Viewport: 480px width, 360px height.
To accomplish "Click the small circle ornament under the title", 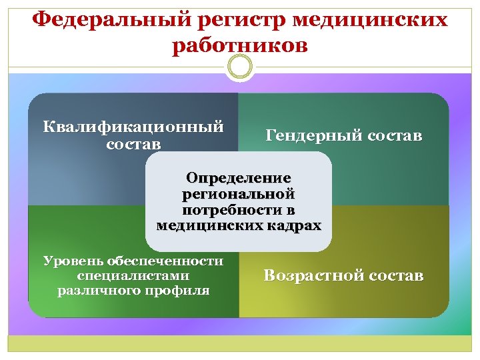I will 240,67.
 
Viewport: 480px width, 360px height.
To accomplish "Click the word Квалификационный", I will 133,127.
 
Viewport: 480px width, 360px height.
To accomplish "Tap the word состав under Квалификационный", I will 133,144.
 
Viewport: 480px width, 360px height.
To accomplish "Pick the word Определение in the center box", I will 239,179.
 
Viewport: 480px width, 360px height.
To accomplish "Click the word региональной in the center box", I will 239,194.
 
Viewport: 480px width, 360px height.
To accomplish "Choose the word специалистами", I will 133,275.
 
